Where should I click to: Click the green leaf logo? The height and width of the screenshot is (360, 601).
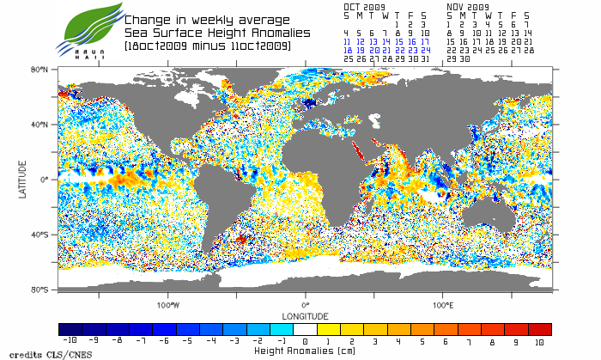click(x=87, y=25)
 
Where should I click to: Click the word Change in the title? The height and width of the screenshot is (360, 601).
click(x=146, y=21)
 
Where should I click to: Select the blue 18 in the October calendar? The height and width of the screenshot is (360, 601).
click(x=346, y=51)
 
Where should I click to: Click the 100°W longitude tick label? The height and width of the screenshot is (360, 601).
click(x=168, y=304)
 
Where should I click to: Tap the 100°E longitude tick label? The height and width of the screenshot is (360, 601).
click(x=443, y=304)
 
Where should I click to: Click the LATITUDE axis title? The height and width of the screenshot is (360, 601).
click(x=23, y=180)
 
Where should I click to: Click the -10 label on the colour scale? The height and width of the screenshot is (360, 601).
click(x=71, y=341)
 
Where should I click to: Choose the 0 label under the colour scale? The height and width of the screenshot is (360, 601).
click(x=306, y=341)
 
